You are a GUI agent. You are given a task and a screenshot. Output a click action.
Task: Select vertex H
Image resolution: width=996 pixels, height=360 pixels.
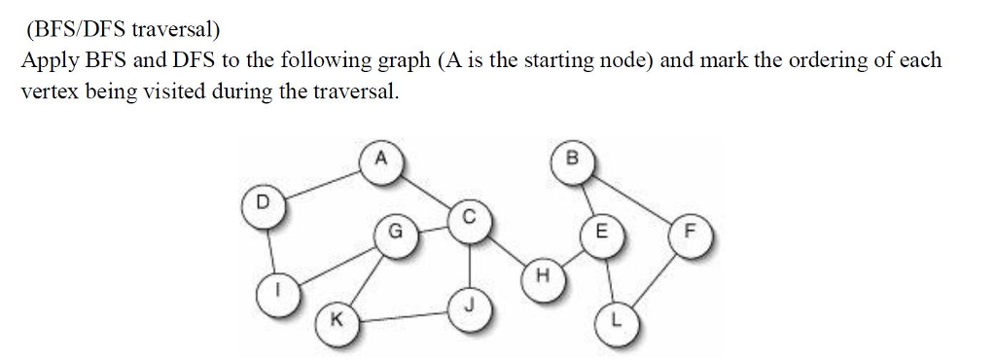(x=543, y=276)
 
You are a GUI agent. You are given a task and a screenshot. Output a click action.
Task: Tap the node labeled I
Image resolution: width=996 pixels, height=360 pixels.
(x=278, y=290)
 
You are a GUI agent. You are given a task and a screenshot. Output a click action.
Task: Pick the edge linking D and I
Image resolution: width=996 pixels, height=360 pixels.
(x=269, y=249)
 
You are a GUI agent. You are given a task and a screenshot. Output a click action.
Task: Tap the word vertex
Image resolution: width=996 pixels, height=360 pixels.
(x=49, y=93)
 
